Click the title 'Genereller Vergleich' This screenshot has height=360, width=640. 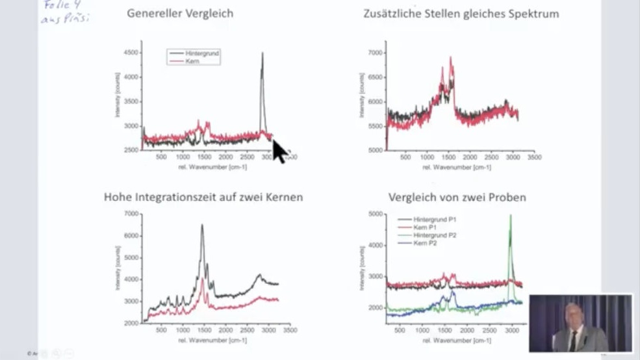pyautogui.click(x=180, y=13)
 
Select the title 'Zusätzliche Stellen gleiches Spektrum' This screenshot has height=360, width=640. pyautogui.click(x=461, y=13)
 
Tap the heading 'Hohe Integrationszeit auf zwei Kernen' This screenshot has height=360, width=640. pyautogui.click(x=203, y=197)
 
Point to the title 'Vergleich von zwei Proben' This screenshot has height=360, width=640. pyautogui.click(x=457, y=197)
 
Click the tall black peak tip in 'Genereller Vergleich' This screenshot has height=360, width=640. pyautogui.click(x=262, y=53)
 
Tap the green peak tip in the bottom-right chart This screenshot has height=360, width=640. pyautogui.click(x=510, y=215)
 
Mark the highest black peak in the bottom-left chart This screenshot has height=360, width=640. pyautogui.click(x=202, y=225)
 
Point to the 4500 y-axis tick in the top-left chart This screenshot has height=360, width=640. pyautogui.click(x=132, y=53)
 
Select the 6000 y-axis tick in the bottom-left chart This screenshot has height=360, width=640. pyautogui.click(x=131, y=236)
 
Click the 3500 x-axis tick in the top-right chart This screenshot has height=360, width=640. pyautogui.click(x=535, y=157)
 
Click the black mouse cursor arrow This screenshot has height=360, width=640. pyautogui.click(x=279, y=151)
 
